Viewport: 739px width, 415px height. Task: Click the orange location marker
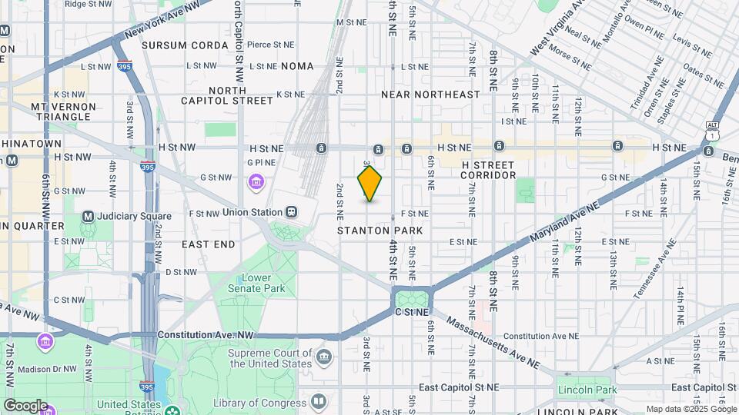tap(369, 183)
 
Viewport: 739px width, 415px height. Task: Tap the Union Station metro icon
tap(291, 212)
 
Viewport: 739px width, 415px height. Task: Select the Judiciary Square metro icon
tap(88, 217)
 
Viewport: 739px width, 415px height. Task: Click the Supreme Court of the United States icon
tap(324, 357)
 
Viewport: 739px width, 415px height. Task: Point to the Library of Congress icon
tap(318, 402)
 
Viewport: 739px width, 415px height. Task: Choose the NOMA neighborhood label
tap(298, 67)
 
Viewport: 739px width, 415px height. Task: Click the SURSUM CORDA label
tap(185, 45)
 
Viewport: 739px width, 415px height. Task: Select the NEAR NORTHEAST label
tap(431, 95)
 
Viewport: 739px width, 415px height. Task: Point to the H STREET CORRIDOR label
tap(488, 170)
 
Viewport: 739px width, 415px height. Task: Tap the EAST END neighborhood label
tap(208, 244)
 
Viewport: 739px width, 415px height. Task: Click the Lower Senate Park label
tap(262, 283)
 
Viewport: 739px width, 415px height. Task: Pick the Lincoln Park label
tap(587, 390)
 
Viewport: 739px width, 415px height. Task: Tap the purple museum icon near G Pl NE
tap(256, 182)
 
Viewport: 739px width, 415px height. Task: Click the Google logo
tap(25, 406)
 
